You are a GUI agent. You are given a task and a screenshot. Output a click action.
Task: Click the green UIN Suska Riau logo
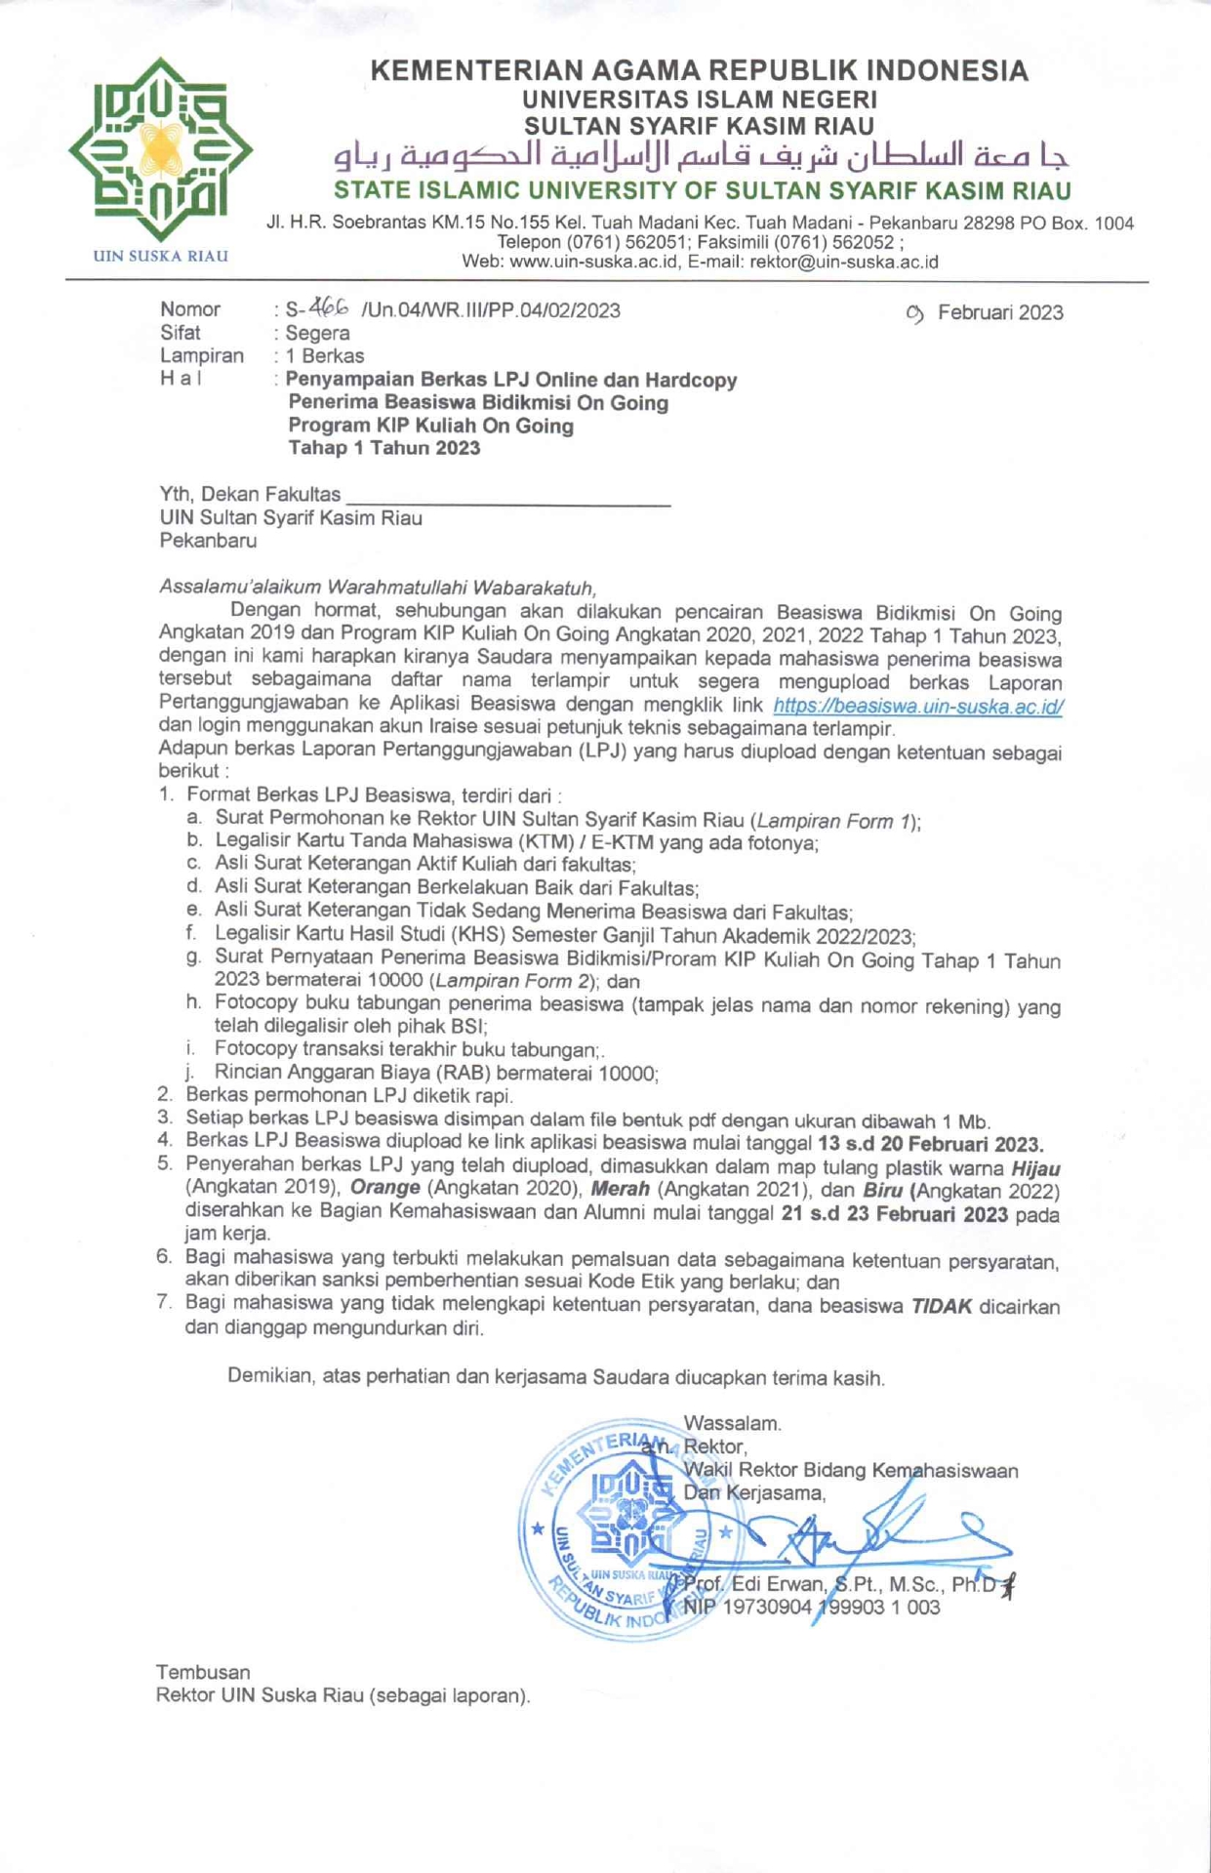coord(160,148)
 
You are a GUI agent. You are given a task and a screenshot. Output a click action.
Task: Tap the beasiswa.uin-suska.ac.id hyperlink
coord(916,706)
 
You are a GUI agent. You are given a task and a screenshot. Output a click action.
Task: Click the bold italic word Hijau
coord(1035,1168)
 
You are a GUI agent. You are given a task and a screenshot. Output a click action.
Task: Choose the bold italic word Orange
coord(384,1189)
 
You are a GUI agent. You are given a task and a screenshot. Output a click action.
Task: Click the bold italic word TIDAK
coord(941,1307)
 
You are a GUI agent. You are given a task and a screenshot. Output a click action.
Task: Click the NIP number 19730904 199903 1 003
coord(812,1608)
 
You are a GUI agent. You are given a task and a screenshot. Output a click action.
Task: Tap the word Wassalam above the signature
coord(732,1424)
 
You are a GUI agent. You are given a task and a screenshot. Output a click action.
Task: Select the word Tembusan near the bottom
coord(203,1673)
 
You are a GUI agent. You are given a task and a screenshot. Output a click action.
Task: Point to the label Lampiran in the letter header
coord(202,356)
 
